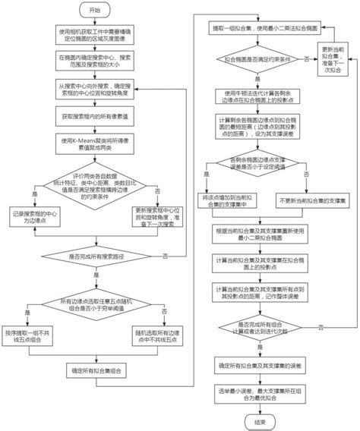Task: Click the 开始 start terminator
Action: click(95, 12)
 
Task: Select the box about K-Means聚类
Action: click(94, 144)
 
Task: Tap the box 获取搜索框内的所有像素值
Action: click(94, 118)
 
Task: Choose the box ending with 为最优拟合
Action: click(258, 395)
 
